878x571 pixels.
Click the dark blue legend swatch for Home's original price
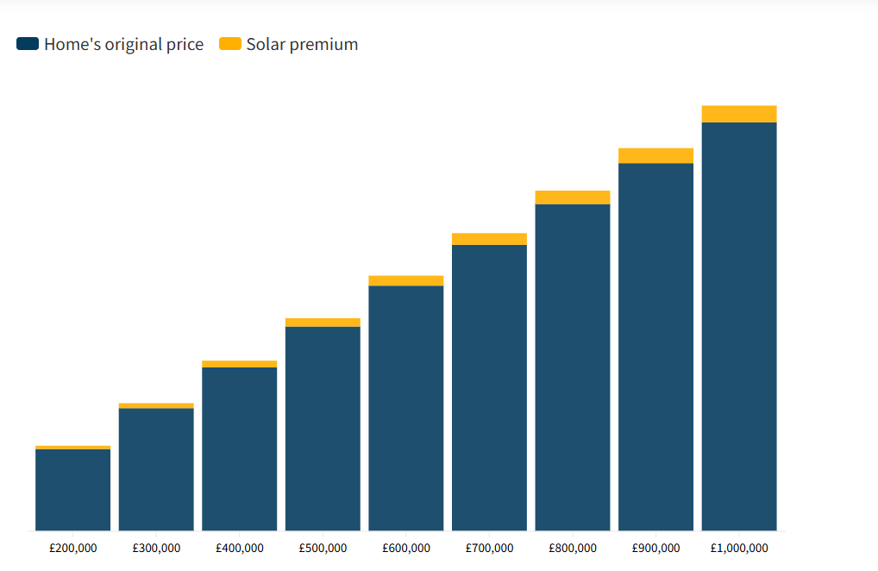pos(28,44)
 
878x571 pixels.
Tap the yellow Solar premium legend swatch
pos(230,44)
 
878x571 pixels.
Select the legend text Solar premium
pos(302,44)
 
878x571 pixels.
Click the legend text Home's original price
pos(123,44)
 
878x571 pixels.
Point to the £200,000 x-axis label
pos(72,548)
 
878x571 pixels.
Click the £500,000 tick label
pos(323,548)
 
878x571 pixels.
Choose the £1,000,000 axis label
pos(739,548)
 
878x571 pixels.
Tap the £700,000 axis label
pos(489,548)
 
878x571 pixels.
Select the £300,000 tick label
pos(156,548)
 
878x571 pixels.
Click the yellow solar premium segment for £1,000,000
pos(739,114)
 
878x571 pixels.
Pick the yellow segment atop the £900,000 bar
pos(655,155)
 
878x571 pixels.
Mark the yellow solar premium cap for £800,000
pos(573,198)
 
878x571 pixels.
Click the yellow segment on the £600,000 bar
pos(406,280)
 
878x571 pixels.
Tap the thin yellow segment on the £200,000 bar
pos(72,448)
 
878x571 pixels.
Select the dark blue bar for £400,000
pos(240,449)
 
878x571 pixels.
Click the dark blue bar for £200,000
pos(72,490)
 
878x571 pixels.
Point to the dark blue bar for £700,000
pos(489,387)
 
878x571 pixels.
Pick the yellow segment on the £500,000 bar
pos(323,323)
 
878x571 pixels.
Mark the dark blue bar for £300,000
pos(156,469)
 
